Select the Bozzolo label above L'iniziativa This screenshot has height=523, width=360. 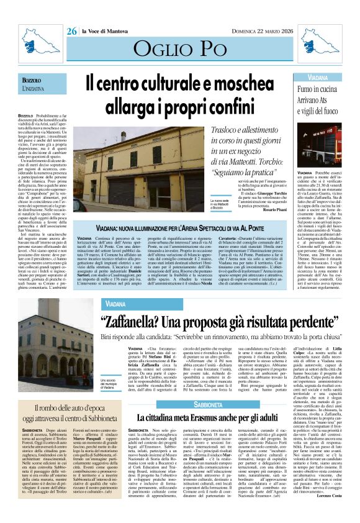(32, 81)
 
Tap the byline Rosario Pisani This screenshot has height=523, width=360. (268, 209)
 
